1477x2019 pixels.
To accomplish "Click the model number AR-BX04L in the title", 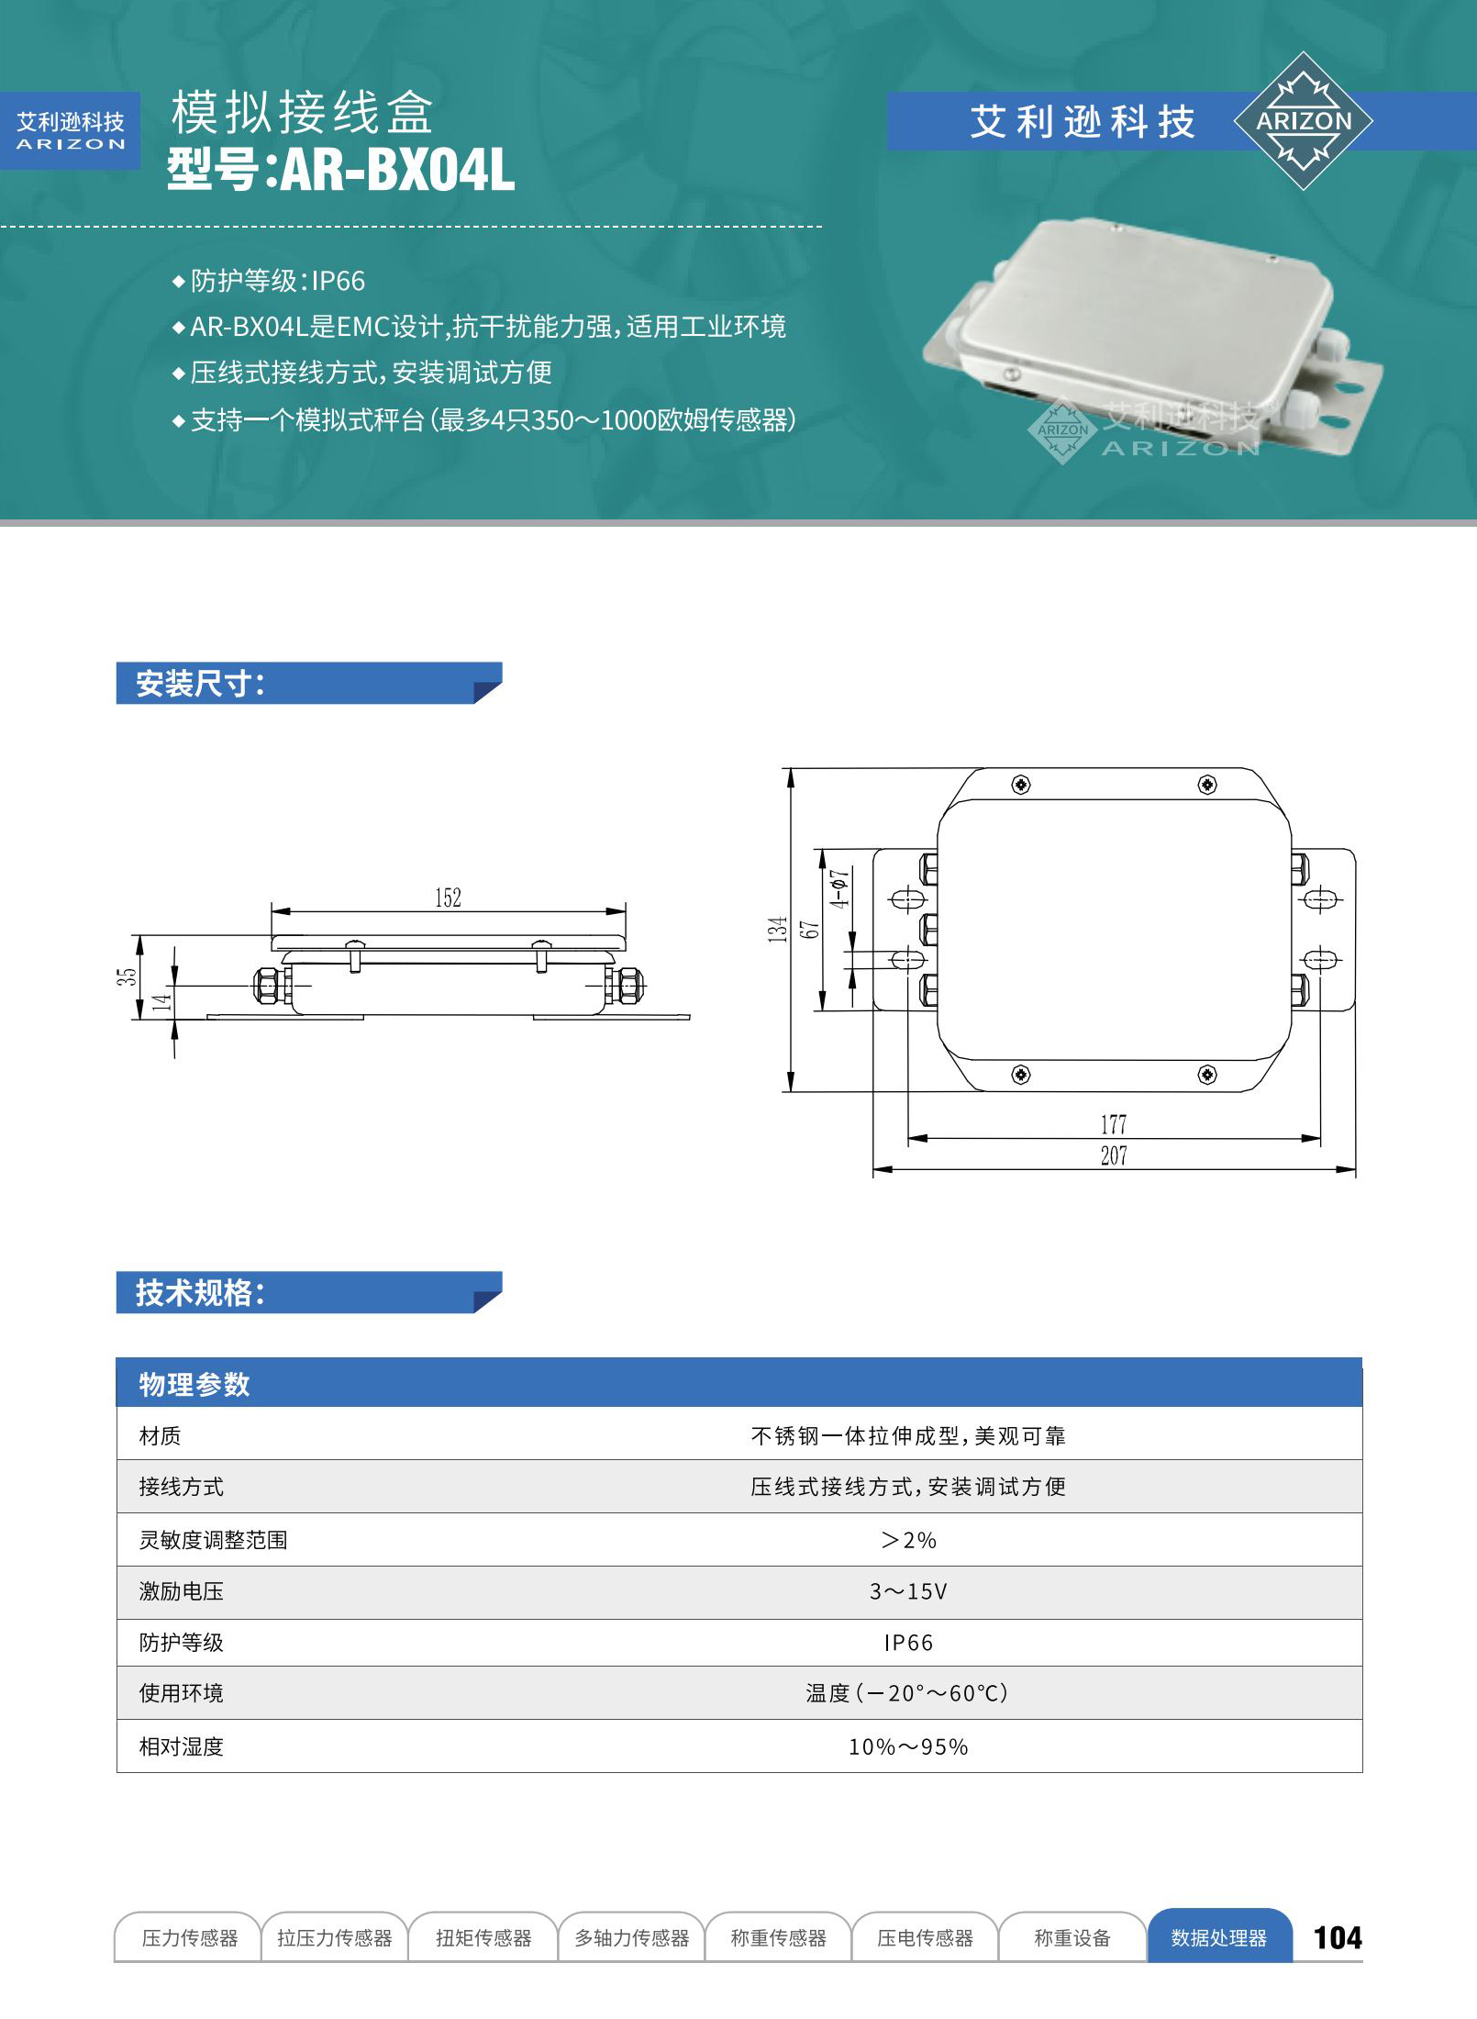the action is [397, 170].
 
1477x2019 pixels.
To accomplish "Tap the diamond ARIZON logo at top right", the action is [1303, 121].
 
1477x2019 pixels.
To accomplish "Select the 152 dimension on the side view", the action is [448, 898].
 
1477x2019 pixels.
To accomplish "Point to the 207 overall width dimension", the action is [1114, 1155].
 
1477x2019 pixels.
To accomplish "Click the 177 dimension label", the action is [1114, 1124].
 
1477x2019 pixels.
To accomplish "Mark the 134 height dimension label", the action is [778, 930].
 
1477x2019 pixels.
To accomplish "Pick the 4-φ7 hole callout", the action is [839, 888].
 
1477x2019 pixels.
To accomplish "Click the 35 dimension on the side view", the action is [126, 976].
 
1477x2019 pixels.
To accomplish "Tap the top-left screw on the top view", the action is [1020, 785].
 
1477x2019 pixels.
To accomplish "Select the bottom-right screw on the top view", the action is [1207, 1075].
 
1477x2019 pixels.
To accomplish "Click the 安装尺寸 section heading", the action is [200, 684].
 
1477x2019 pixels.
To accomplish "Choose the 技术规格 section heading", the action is [200, 1292].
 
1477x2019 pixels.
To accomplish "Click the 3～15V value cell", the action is [908, 1591].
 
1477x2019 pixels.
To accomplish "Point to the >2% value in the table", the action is [908, 1540].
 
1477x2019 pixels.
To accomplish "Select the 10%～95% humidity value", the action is [908, 1746].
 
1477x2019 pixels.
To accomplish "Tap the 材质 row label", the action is [160, 1435].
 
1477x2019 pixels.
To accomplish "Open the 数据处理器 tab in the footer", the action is [1219, 1936].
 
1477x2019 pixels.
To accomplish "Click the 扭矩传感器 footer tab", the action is [483, 1937].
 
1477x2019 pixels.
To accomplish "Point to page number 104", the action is [1338, 1937].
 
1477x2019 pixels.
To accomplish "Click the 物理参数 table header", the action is [194, 1384].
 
